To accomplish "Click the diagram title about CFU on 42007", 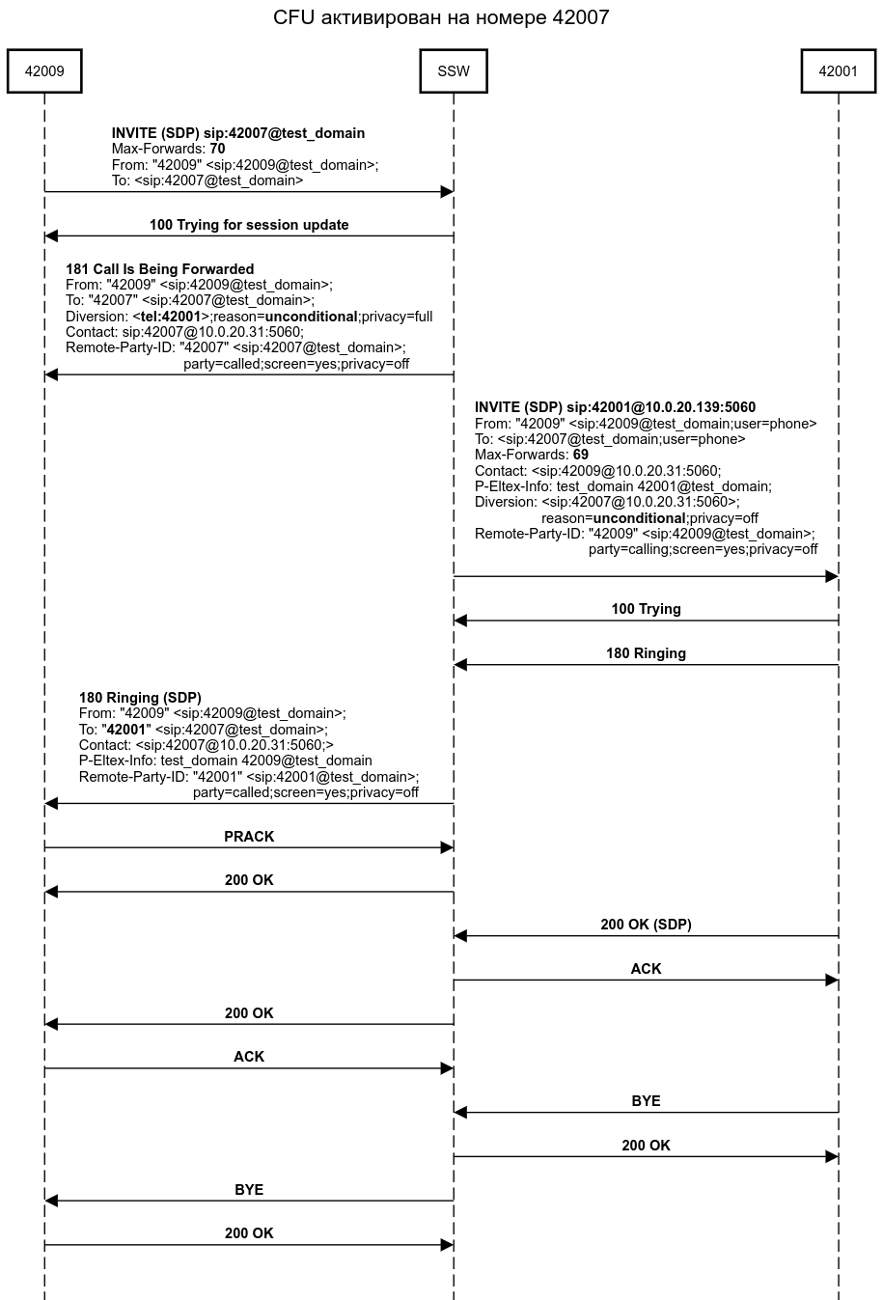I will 441,17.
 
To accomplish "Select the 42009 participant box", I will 44,71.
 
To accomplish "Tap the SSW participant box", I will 454,71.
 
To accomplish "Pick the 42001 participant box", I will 838,71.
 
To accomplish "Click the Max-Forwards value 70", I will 217,150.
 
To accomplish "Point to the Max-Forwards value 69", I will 580,455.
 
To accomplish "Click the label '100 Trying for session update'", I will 249,225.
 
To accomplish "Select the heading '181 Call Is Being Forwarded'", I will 160,269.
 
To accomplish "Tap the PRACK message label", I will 249,837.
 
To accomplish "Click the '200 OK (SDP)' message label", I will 646,925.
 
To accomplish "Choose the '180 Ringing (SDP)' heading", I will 140,698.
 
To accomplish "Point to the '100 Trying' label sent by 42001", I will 646,609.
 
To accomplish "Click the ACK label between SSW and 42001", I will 646,969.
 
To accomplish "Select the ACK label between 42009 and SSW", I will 249,1057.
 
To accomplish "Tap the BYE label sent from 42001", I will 646,1101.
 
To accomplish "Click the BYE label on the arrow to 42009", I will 249,1190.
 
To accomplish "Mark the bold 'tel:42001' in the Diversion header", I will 168,317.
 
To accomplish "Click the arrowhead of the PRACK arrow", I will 447,847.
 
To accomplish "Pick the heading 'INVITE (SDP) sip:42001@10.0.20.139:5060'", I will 615,407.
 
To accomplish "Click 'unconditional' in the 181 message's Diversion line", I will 311,317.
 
